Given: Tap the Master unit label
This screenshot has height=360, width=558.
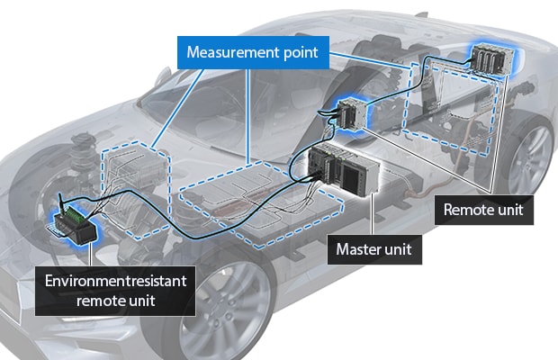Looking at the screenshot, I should click(373, 248).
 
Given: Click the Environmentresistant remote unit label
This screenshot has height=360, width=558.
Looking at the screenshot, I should click(116, 290).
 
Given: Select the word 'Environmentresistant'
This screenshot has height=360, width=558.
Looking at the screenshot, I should click(116, 281).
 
